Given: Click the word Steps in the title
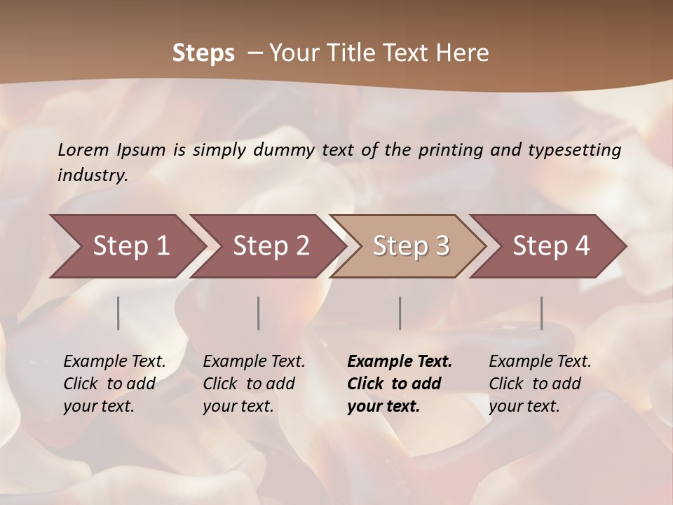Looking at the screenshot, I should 203,53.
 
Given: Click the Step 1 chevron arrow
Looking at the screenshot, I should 126,245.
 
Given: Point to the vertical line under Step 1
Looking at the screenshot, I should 118,313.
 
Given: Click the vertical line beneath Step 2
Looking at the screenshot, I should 259,313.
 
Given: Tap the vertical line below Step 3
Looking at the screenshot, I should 400,313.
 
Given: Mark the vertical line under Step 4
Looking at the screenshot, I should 541,313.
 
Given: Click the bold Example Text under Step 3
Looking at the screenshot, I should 400,362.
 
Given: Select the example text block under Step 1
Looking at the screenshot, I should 114,384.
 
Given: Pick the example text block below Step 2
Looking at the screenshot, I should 254,384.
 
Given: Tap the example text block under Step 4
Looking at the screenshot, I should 540,384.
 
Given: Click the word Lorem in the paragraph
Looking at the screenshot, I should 83,150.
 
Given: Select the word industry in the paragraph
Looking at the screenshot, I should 91,175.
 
